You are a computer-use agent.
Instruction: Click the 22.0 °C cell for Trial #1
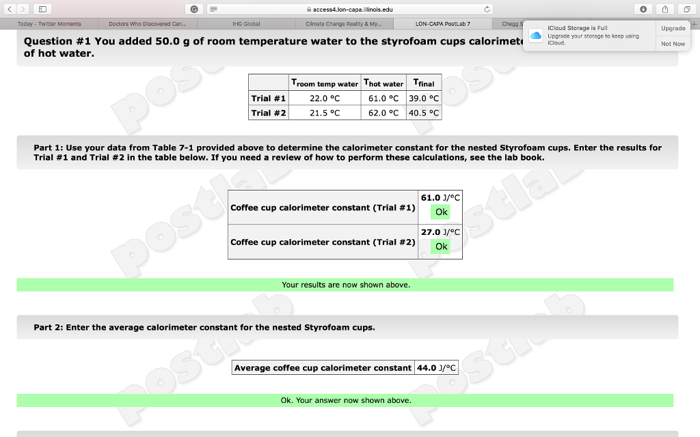325,98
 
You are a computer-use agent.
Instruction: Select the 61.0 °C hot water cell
383,98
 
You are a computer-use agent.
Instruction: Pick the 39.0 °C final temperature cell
424,98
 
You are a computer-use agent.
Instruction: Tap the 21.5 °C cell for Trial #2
325,113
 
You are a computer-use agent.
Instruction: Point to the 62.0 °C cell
383,113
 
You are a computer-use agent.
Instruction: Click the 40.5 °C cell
424,113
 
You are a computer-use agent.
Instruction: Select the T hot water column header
383,83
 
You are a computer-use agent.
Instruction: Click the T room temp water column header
325,83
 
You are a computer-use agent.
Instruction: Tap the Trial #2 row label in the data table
268,113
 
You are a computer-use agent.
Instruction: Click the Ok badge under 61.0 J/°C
442,212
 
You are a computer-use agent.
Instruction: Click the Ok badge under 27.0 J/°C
442,246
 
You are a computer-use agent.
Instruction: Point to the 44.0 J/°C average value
436,368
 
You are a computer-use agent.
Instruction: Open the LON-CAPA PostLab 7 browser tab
442,24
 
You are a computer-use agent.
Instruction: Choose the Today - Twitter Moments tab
49,24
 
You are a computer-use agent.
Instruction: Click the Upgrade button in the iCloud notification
673,28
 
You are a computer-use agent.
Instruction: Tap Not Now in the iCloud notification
673,44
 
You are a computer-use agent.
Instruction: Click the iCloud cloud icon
535,36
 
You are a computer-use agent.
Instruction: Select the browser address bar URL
353,10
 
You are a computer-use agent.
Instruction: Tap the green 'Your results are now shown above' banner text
346,285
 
